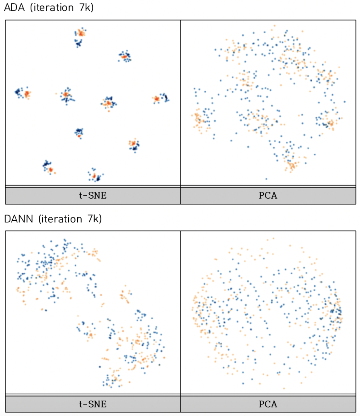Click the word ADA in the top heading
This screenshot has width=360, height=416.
click(x=14, y=7)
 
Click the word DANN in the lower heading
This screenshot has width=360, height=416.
click(x=19, y=219)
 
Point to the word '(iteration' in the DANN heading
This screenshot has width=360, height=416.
click(x=60, y=219)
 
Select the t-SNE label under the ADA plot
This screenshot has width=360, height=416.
click(x=93, y=195)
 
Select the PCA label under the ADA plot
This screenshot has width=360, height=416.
click(x=268, y=195)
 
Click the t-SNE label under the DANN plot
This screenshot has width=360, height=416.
click(x=93, y=404)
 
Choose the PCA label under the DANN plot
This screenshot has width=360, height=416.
click(x=268, y=404)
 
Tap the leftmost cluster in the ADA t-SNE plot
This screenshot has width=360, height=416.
click(x=22, y=93)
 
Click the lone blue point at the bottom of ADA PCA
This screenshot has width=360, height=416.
click(x=266, y=179)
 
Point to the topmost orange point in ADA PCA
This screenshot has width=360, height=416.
click(x=275, y=25)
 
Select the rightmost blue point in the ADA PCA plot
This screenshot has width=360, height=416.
click(x=344, y=102)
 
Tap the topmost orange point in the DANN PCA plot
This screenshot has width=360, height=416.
click(x=273, y=238)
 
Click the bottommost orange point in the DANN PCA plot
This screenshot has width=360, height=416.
click(x=284, y=388)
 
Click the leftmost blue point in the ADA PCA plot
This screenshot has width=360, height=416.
click(x=194, y=88)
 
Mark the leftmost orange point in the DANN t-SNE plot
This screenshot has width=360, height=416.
click(x=17, y=289)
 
